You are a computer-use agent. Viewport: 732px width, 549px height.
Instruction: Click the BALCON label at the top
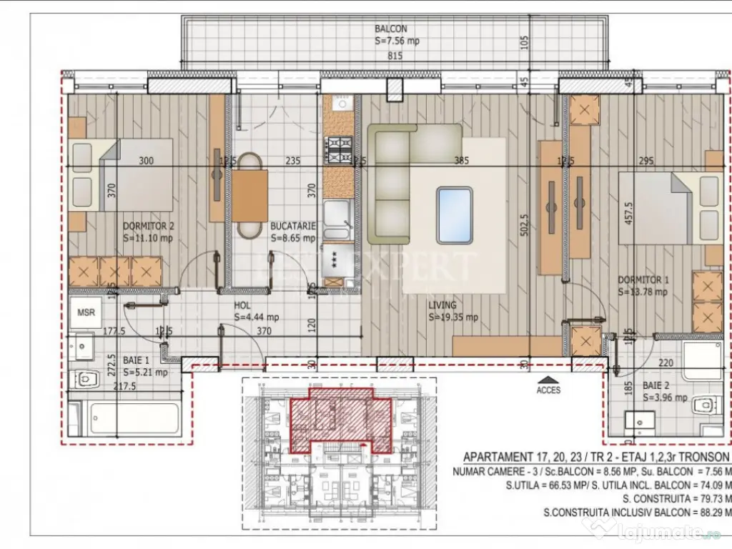coord(390,29)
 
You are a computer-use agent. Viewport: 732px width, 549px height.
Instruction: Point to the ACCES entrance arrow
coord(548,380)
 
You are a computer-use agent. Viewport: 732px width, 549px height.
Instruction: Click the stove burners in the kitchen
coord(338,149)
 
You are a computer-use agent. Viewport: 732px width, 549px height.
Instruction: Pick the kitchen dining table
coord(249,195)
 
